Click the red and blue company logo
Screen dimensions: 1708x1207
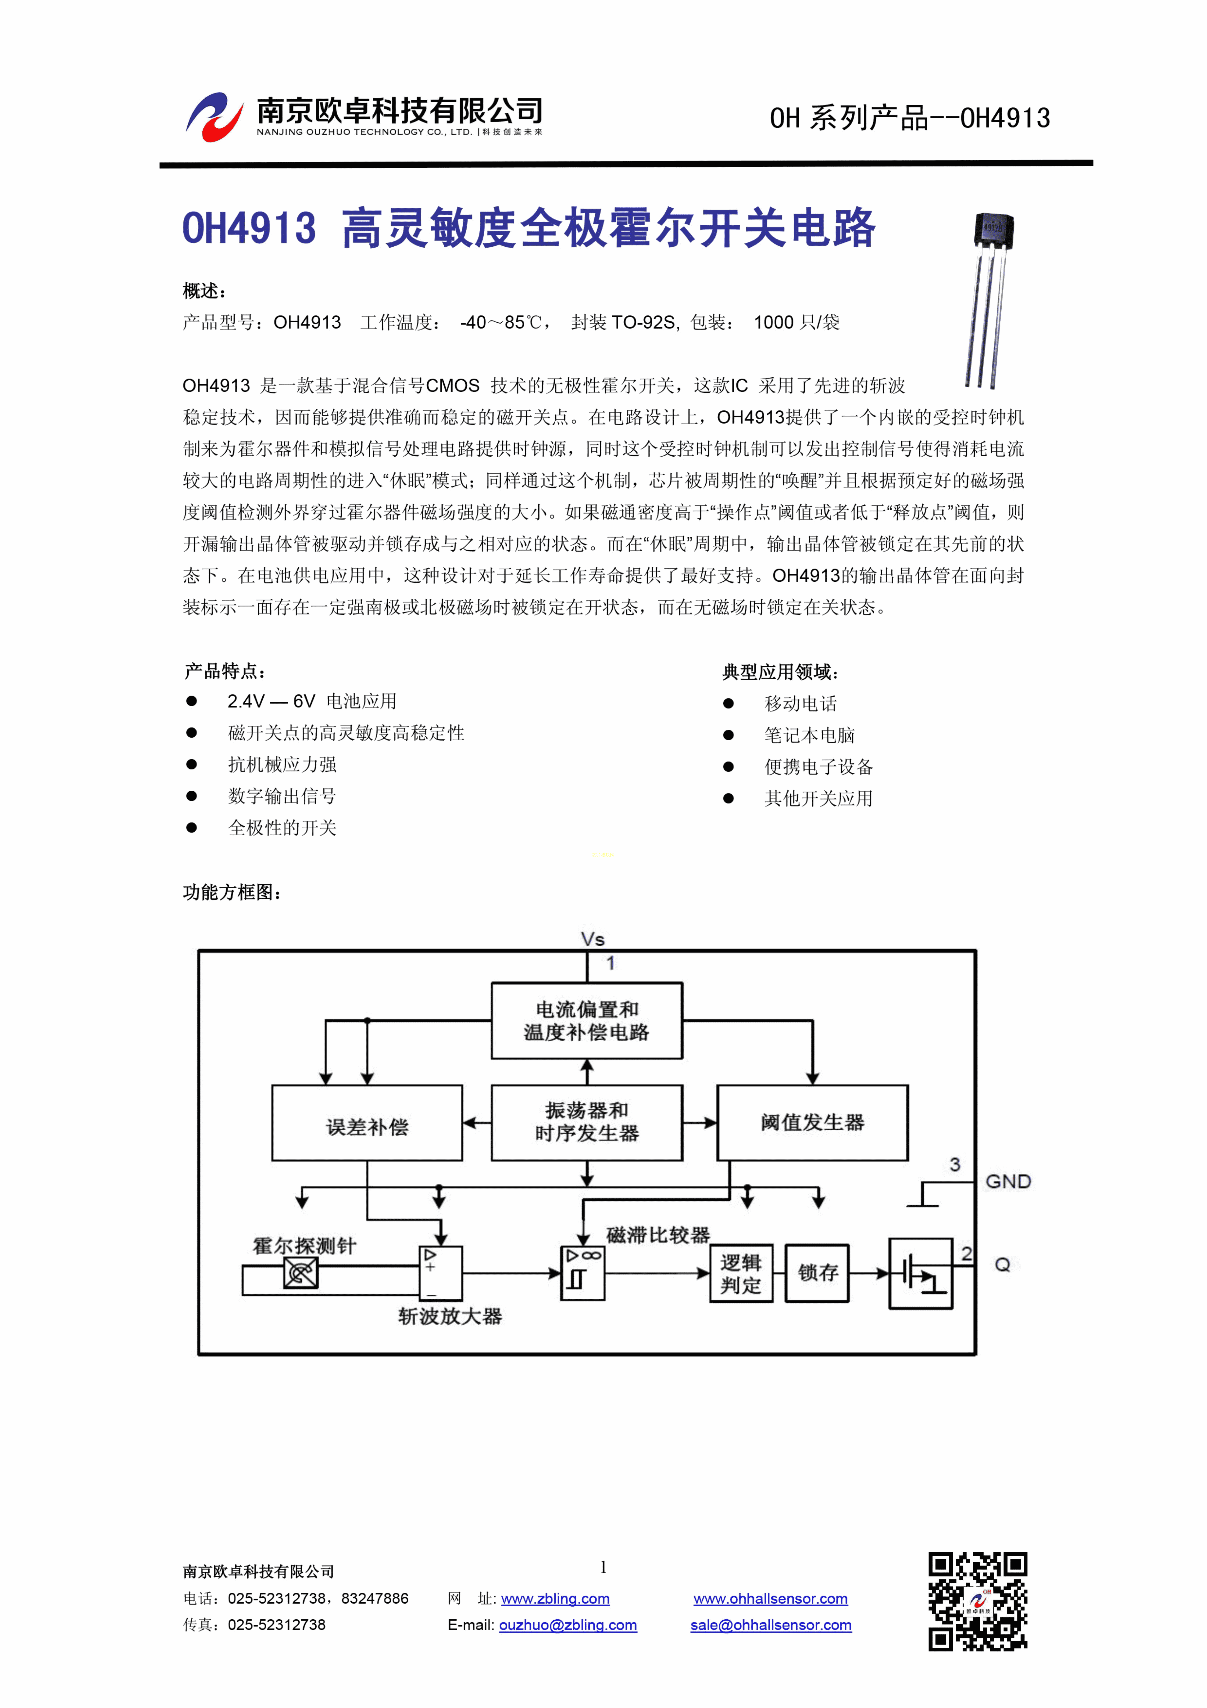pyautogui.click(x=214, y=117)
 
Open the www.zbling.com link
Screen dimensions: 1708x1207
pyautogui.click(x=555, y=1599)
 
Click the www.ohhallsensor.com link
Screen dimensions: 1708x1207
pyautogui.click(x=771, y=1599)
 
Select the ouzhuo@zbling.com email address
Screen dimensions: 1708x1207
pyautogui.click(x=568, y=1625)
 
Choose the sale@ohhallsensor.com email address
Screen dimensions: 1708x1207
pyautogui.click(x=771, y=1625)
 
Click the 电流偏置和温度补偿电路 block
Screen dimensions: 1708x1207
pyautogui.click(x=587, y=1021)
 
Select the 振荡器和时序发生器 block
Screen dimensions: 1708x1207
pyautogui.click(x=587, y=1123)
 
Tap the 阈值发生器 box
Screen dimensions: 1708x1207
pyautogui.click(x=812, y=1123)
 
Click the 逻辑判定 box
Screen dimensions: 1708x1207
pyautogui.click(x=741, y=1274)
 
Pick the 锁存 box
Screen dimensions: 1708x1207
pyautogui.click(x=817, y=1274)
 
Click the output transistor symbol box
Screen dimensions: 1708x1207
pyautogui.click(x=921, y=1274)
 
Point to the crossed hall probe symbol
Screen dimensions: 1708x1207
pyautogui.click(x=300, y=1274)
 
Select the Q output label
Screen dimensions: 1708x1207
pyautogui.click(x=1003, y=1265)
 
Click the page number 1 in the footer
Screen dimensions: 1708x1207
pyautogui.click(x=603, y=1567)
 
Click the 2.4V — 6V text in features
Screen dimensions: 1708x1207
pyautogui.click(x=271, y=702)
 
